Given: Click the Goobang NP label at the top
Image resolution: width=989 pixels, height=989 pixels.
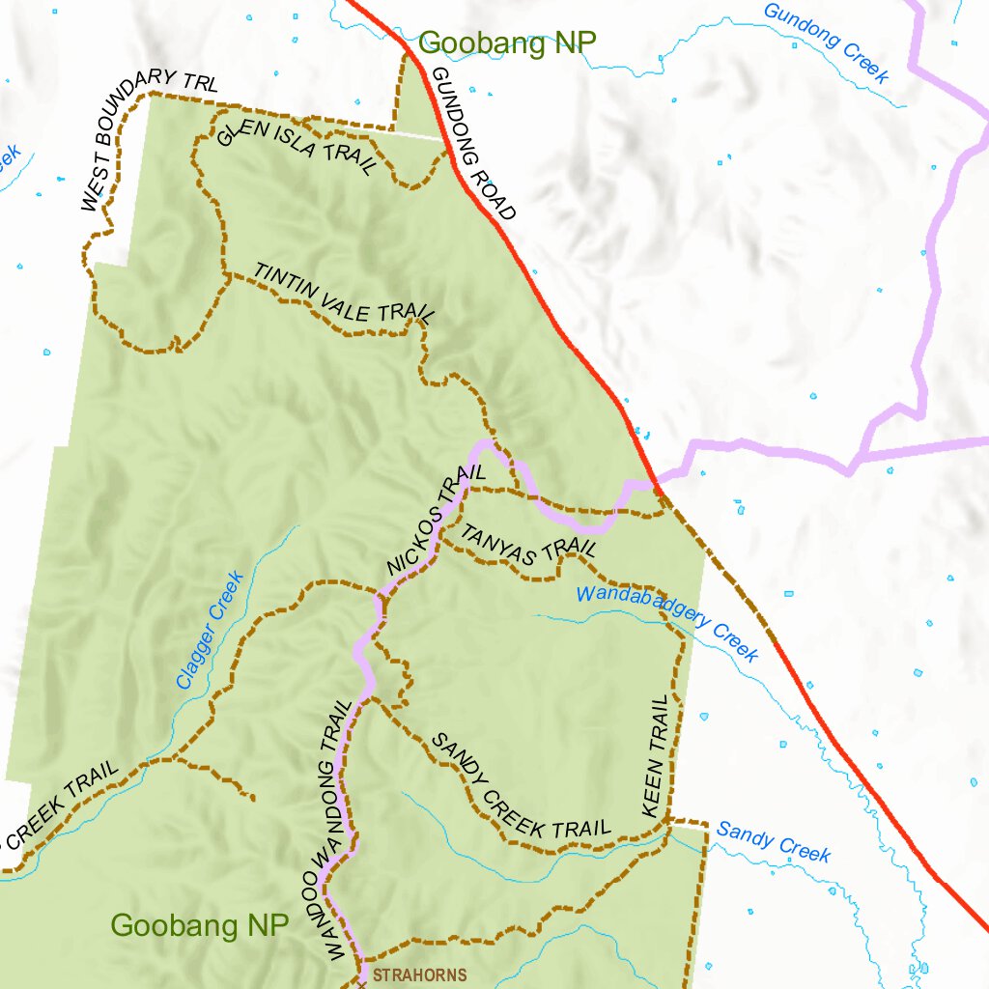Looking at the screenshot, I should click(508, 42).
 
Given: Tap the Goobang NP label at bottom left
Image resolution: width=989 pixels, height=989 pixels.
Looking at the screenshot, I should click(199, 925).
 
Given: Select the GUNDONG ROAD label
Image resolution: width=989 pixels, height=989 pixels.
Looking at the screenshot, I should click(473, 144).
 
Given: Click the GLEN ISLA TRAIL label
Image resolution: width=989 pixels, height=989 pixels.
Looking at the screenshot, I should click(297, 146).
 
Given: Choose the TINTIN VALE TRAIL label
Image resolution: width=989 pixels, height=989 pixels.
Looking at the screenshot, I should click(344, 293).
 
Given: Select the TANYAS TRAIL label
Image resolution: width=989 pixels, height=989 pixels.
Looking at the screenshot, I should click(527, 542).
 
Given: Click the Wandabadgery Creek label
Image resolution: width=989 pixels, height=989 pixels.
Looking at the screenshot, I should click(667, 623).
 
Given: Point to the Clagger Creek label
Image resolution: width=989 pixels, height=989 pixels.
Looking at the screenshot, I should click(210, 630).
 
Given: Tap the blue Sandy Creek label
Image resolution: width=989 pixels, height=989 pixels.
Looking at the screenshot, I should click(773, 841).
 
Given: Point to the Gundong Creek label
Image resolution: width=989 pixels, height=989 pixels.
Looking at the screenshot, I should click(826, 42).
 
